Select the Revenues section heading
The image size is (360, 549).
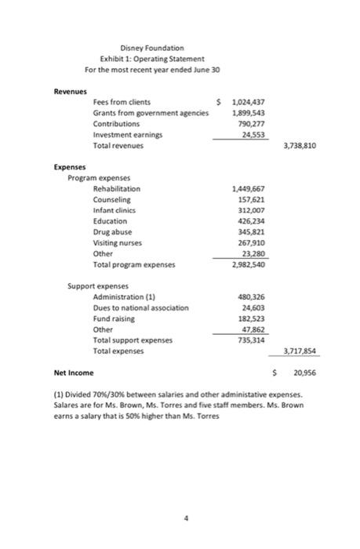(69, 92)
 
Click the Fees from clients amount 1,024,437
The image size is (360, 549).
(244, 103)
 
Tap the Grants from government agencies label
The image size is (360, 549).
(145, 114)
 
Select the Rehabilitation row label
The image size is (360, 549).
(117, 189)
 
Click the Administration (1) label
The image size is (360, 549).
(125, 297)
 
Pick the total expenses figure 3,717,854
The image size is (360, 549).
(298, 352)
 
